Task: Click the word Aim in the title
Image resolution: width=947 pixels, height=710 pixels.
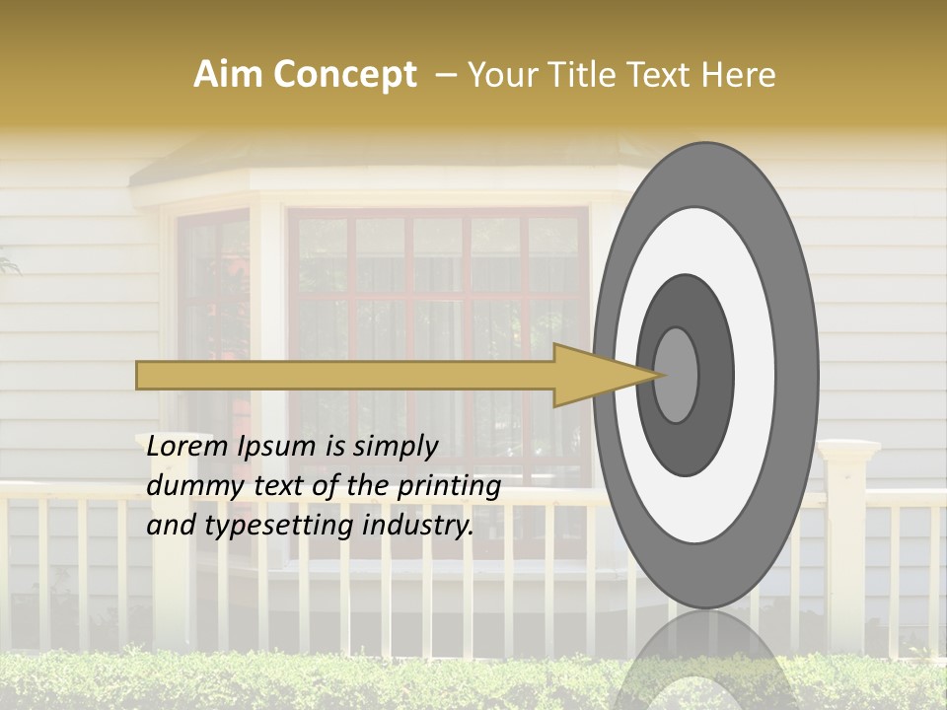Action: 229,75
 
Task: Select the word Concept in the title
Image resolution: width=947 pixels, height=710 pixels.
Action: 343,75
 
